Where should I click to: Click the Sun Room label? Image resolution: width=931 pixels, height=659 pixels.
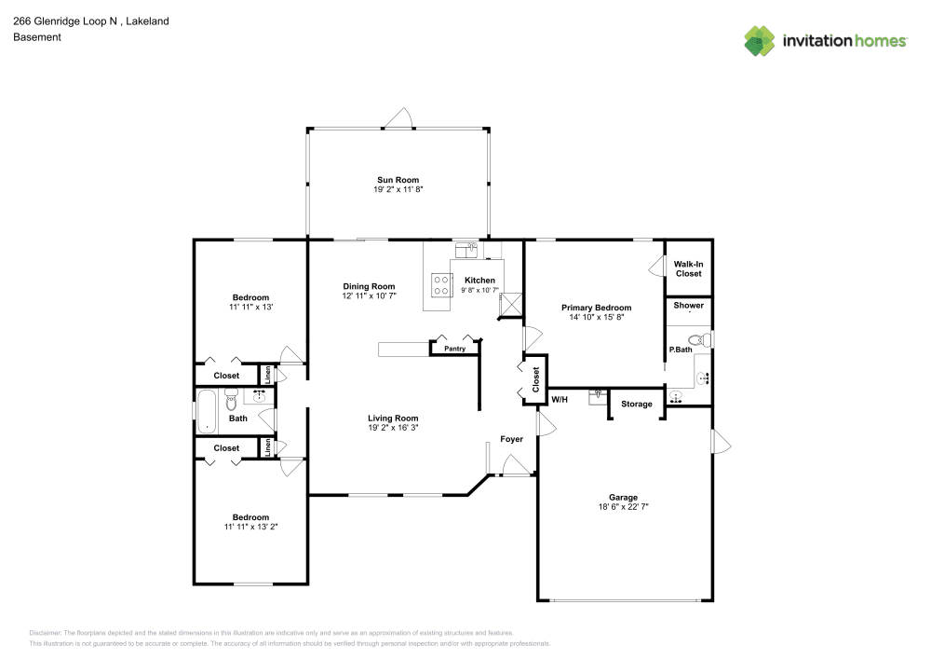pos(398,180)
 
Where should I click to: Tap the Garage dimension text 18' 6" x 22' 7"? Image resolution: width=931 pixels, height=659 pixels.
pos(623,507)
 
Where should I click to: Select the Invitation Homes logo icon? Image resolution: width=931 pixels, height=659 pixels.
pos(760,41)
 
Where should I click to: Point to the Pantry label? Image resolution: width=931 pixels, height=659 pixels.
pos(454,349)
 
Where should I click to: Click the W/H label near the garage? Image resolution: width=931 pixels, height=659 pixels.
pos(560,400)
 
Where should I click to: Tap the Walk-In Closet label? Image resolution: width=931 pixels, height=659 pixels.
pos(688,269)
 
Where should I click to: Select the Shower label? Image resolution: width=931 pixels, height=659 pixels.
pos(688,306)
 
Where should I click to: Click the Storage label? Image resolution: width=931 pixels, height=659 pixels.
pos(637,404)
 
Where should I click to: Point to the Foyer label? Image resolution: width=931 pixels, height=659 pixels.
pos(511,438)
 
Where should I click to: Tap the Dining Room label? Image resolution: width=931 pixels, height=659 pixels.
pos(369,287)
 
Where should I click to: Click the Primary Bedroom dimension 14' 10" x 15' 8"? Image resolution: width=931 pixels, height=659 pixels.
pos(596,318)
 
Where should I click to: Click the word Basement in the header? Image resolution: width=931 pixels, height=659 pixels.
pos(36,37)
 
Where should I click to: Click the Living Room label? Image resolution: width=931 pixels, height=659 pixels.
pos(393,419)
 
